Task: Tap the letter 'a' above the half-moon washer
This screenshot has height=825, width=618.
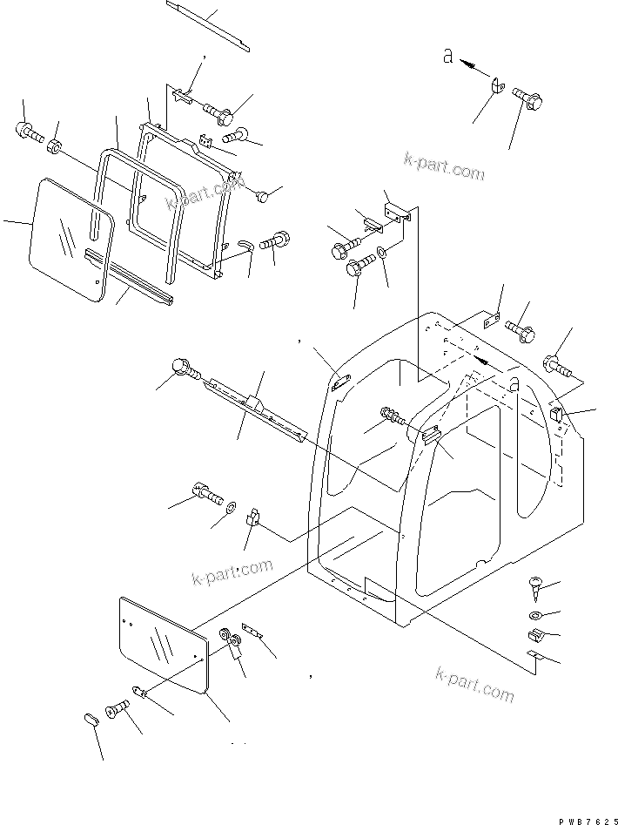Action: (x=448, y=56)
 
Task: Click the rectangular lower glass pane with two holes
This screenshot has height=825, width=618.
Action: (x=163, y=646)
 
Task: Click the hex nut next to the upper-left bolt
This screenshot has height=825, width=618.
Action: (x=55, y=145)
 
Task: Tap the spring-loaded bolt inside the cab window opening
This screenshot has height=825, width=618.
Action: (x=393, y=417)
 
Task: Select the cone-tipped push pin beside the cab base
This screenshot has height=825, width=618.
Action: (x=534, y=589)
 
